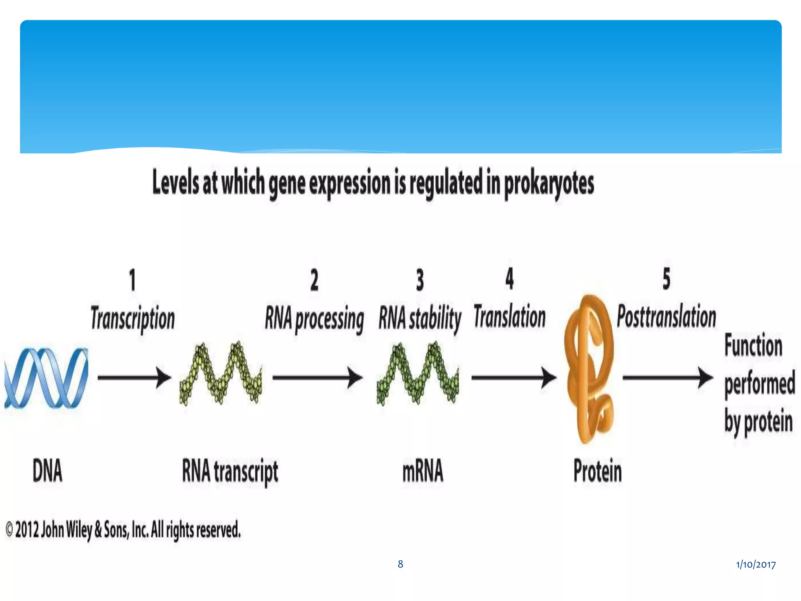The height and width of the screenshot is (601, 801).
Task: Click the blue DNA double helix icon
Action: pos(46,378)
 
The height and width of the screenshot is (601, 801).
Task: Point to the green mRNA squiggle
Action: pos(418,374)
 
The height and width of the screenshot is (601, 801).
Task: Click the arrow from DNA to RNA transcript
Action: pos(134,378)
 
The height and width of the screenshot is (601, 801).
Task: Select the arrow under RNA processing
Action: pos(317,378)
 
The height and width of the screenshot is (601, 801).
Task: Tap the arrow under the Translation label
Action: pos(514,378)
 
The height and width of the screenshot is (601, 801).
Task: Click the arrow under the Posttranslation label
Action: pos(667,378)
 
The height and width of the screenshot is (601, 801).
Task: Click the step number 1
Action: pos(133,280)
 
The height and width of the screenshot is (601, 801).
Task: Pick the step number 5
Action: pos(666,279)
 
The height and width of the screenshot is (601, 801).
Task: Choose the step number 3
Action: pos(420,280)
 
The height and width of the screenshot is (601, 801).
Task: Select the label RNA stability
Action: pos(420,319)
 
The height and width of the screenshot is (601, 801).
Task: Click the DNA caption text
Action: pos(47,471)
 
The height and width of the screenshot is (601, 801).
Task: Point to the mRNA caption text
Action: pos(423,471)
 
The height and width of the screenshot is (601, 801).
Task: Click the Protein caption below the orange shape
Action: pos(598,471)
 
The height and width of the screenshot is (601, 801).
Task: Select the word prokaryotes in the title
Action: pos(549,184)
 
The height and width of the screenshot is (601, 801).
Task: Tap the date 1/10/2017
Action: pos(756,564)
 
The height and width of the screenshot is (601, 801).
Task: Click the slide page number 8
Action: pos(400,564)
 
